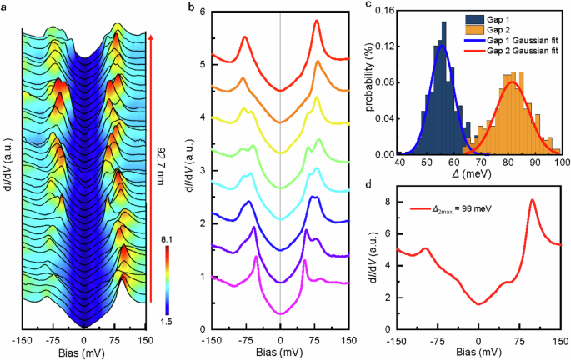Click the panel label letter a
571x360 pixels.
(5, 7)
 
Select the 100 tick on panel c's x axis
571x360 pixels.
(560, 164)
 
